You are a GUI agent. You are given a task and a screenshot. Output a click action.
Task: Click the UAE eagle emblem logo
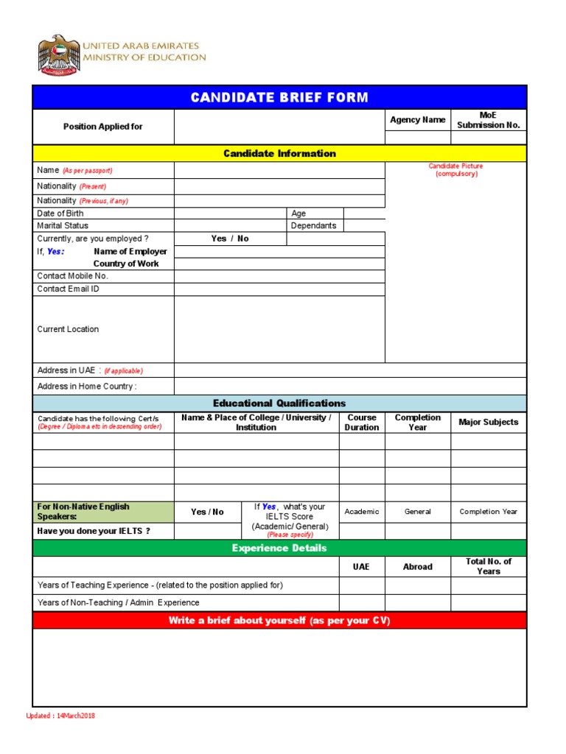57,56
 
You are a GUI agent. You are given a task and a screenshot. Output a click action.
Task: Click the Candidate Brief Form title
279,97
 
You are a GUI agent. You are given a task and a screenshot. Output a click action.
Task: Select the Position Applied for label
103,127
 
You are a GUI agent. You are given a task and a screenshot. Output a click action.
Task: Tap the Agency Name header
418,120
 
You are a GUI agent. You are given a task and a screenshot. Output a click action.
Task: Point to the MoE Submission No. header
489,120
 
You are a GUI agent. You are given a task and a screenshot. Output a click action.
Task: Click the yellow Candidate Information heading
279,153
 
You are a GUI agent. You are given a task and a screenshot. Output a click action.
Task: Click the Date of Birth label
60,214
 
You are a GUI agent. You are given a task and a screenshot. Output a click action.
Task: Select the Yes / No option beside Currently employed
230,239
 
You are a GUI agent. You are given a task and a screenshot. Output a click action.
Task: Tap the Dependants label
313,226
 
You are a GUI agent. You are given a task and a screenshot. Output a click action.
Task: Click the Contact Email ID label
69,289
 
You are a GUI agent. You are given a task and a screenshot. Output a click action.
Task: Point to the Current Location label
68,329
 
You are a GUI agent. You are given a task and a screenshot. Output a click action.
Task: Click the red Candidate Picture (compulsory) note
456,170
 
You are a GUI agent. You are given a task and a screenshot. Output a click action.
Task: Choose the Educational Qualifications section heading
279,403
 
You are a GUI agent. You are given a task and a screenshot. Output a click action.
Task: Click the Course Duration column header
362,423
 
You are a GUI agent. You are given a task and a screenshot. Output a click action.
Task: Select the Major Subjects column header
488,423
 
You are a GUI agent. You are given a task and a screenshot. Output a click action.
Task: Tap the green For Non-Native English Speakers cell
103,511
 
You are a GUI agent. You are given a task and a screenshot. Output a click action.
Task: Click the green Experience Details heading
279,548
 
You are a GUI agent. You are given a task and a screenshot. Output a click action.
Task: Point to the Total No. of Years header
488,566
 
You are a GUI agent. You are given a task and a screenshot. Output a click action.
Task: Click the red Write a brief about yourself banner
279,621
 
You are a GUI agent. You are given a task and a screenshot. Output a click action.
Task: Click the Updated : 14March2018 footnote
60,716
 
